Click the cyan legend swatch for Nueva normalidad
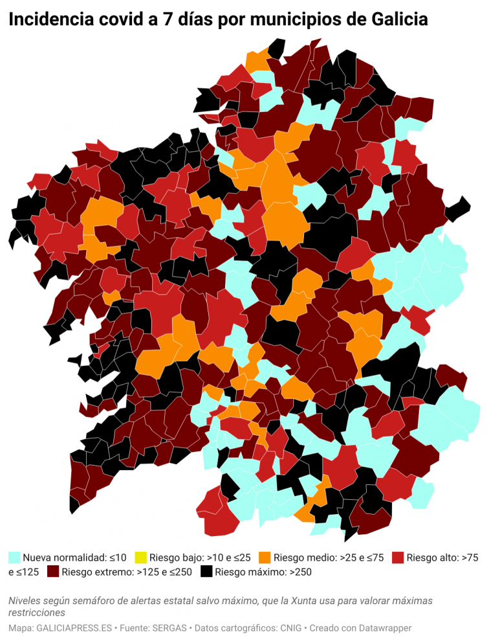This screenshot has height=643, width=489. (14, 557)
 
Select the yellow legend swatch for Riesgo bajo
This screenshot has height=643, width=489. (140, 557)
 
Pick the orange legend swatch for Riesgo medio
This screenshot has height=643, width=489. (264, 557)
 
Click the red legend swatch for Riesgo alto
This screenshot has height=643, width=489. (398, 557)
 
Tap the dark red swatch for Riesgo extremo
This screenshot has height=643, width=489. (53, 572)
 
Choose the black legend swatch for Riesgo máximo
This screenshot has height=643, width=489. (206, 572)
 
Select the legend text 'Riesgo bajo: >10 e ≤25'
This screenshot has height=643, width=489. (200, 557)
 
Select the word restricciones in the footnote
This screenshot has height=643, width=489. (37, 612)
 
